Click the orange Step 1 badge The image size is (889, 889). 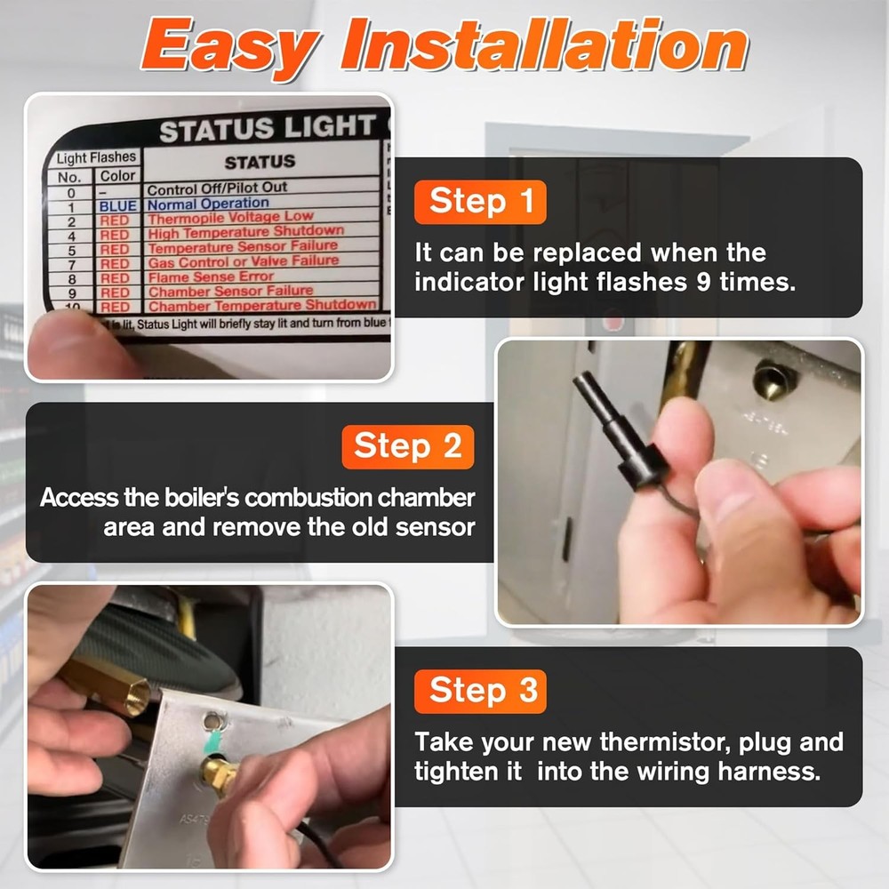(x=480, y=202)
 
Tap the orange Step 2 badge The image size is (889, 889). (x=408, y=446)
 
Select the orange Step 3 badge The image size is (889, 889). (x=480, y=691)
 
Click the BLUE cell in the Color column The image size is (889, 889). (x=117, y=205)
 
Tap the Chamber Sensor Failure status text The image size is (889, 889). (x=230, y=291)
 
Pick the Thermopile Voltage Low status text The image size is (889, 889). (x=230, y=218)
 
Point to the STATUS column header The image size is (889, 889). (x=260, y=162)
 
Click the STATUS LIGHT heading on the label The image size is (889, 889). (x=267, y=130)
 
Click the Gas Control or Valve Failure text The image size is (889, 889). (x=243, y=262)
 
